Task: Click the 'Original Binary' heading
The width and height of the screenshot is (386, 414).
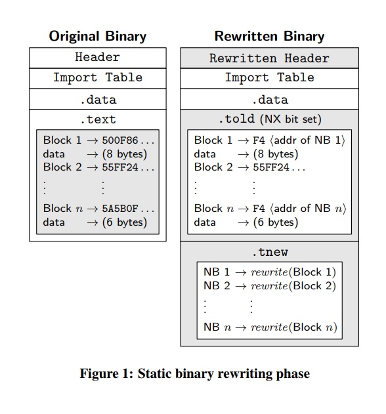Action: pos(98,36)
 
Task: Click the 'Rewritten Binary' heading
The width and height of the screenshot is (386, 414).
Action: pos(269,36)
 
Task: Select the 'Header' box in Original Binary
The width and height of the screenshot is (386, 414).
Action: pos(97,57)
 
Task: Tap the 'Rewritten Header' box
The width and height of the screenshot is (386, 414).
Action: pos(270,58)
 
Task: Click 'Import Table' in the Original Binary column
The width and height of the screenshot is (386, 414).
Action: pos(97,77)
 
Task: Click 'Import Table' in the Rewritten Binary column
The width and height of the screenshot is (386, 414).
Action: pos(270,77)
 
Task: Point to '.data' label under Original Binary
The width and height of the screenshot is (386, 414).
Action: pos(97,99)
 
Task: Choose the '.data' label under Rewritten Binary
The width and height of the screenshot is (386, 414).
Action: pos(270,99)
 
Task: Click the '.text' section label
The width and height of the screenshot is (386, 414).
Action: pos(97,119)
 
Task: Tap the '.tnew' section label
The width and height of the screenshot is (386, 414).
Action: pos(270,252)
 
